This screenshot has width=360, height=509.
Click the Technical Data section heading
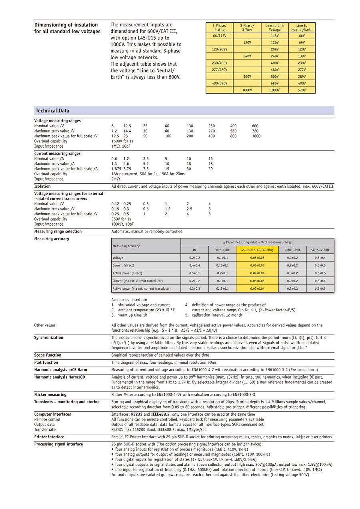(52, 111)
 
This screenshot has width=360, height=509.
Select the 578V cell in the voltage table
(302, 90)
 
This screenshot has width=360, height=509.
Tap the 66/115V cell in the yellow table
(220, 36)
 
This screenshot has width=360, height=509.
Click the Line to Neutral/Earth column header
(302, 28)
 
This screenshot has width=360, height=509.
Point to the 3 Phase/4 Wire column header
(220, 28)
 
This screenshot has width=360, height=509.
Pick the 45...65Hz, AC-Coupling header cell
(257, 250)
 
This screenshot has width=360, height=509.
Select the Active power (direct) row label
(127, 273)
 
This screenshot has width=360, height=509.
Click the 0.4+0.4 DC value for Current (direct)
(195, 266)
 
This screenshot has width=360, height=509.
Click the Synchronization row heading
(49, 338)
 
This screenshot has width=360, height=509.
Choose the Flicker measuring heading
(50, 395)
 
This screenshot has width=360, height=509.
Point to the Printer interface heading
(49, 437)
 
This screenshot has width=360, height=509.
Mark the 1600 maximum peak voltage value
(256, 136)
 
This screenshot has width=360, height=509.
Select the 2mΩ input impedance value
(116, 179)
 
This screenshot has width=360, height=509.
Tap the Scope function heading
(48, 355)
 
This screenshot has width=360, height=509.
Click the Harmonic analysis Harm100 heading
(60, 377)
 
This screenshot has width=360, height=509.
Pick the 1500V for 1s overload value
(122, 141)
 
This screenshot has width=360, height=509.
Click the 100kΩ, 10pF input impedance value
(122, 224)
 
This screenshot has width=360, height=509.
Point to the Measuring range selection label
(58, 232)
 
